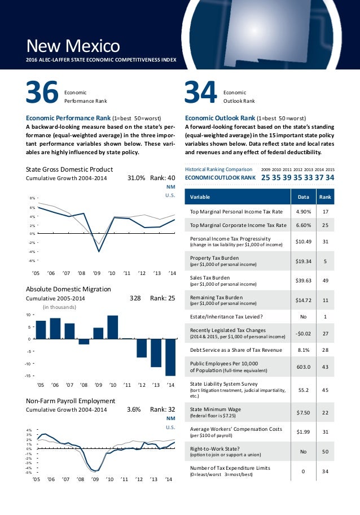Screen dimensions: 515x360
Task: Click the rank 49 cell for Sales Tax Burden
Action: (x=326, y=281)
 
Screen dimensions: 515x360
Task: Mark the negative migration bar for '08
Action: (x=84, y=341)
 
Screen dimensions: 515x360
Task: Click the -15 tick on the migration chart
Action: (x=30, y=376)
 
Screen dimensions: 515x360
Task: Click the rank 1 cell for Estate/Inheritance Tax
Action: (x=326, y=317)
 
